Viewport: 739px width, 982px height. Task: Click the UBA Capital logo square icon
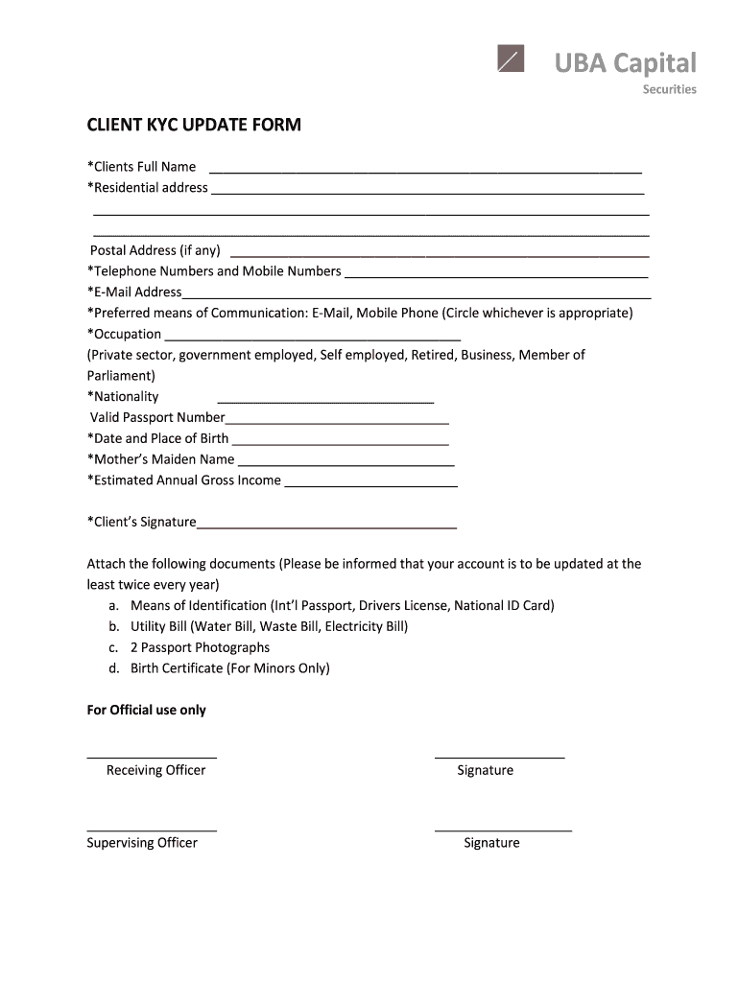tap(512, 59)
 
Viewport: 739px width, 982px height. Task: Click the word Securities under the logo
tap(669, 89)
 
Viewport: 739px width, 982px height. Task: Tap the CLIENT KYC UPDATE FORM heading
tap(194, 125)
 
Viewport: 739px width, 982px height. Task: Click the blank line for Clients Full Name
tap(425, 170)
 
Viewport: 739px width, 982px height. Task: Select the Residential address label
tap(148, 187)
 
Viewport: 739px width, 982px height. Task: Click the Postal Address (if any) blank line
tap(440, 254)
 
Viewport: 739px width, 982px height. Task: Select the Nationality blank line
tap(325, 400)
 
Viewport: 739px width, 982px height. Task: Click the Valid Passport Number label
tap(157, 417)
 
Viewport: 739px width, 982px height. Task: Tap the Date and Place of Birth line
tap(341, 442)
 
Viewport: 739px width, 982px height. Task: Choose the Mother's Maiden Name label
tap(160, 459)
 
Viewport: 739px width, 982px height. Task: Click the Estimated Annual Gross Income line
tap(371, 484)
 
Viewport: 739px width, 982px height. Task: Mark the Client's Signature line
tap(326, 526)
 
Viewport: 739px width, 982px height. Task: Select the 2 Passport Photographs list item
tap(200, 647)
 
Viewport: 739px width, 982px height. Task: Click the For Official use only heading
tap(146, 710)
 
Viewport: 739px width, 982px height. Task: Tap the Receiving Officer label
tap(155, 770)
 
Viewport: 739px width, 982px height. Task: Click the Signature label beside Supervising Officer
tap(491, 843)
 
